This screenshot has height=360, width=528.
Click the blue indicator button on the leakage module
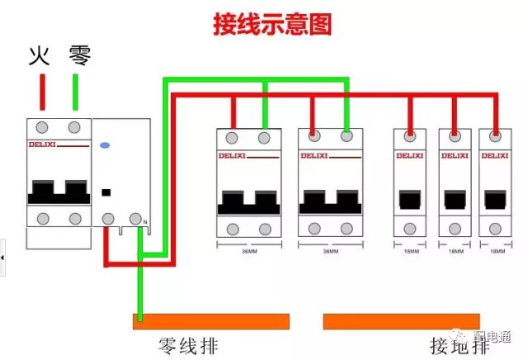point(104,145)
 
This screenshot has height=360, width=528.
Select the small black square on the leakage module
point(106,193)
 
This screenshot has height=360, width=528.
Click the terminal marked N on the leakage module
point(136,219)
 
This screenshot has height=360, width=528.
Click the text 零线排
point(189,345)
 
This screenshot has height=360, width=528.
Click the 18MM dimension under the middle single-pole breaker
point(453,250)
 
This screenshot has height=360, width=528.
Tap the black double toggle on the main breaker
point(59,192)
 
